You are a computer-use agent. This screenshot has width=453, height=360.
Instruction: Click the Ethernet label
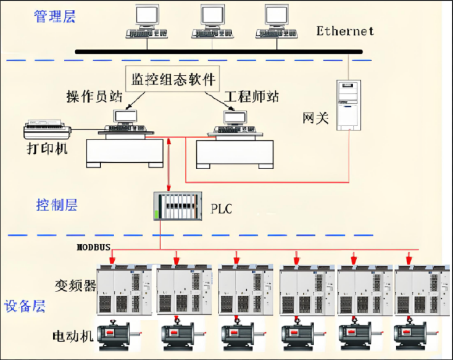(x=345, y=31)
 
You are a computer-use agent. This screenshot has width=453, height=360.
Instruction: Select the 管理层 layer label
(x=54, y=17)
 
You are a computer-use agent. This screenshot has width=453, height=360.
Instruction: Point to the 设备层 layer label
(x=24, y=306)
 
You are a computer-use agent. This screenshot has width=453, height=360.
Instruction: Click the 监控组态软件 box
(x=173, y=79)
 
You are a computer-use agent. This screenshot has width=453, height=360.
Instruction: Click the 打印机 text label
(x=47, y=149)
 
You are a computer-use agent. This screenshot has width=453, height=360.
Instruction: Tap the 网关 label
(x=314, y=117)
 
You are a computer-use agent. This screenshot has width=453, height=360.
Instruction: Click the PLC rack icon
(x=177, y=206)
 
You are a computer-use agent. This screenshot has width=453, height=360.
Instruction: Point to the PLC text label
(x=222, y=208)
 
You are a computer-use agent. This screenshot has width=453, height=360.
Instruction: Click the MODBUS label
(x=93, y=248)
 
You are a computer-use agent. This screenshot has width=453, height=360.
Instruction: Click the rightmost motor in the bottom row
(x=415, y=333)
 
